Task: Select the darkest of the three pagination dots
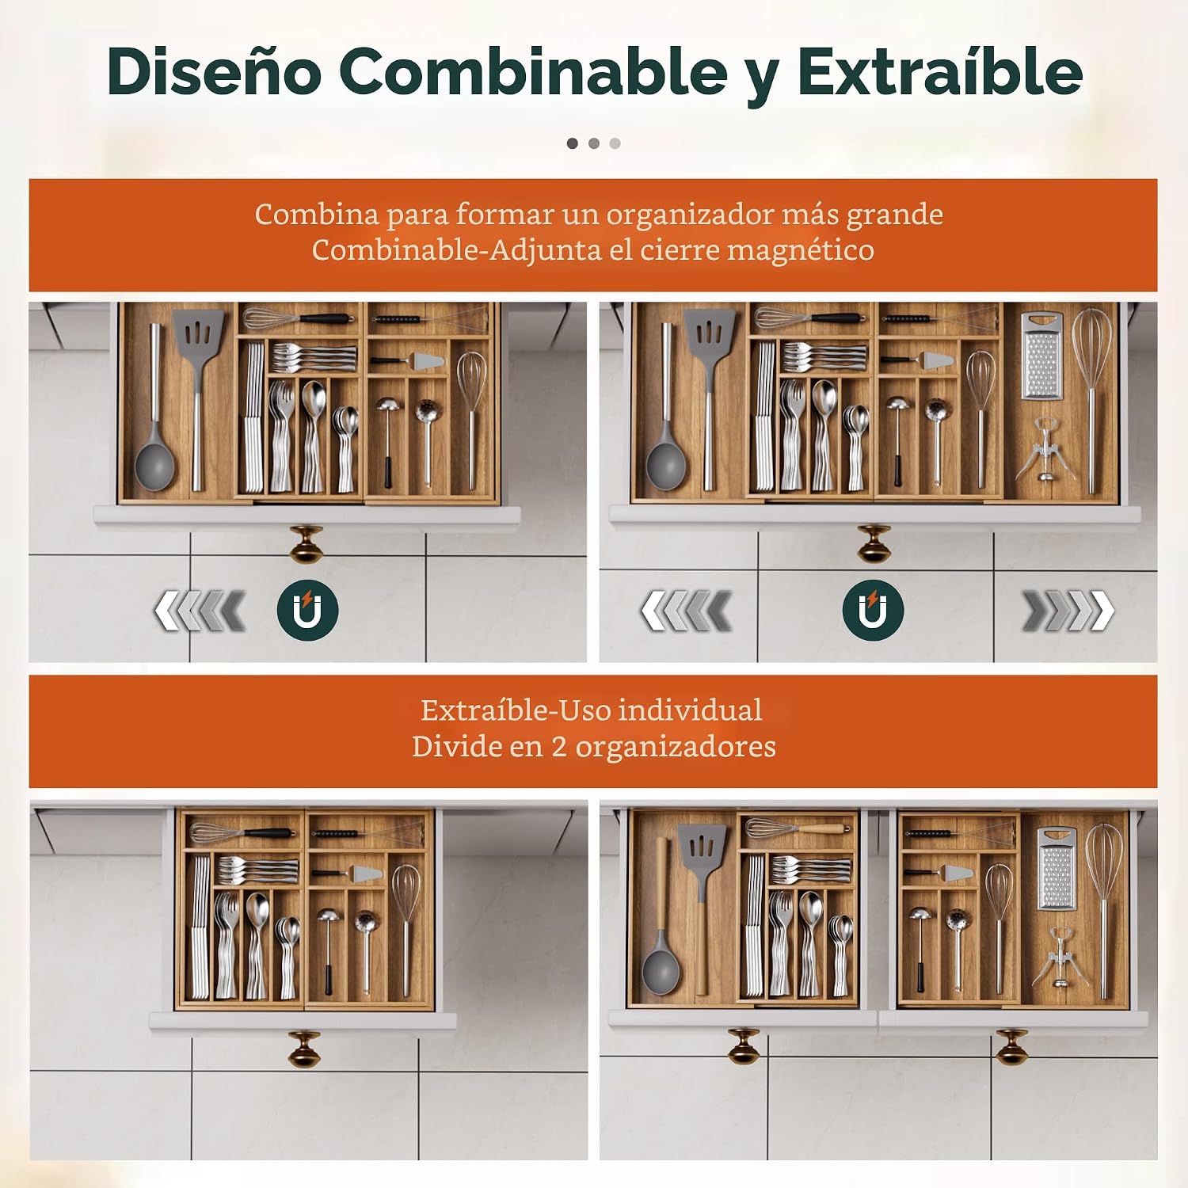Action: (x=573, y=143)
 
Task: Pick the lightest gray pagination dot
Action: (x=615, y=143)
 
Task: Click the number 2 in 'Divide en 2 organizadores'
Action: (x=559, y=747)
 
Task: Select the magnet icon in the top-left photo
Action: (x=307, y=610)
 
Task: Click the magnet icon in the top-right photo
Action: (x=873, y=610)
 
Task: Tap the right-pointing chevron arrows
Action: (x=1068, y=611)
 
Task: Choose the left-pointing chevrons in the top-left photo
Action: (x=199, y=611)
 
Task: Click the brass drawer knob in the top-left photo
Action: (x=307, y=544)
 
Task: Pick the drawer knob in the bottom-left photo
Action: (x=304, y=1048)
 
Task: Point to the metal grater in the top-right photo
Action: (x=1041, y=356)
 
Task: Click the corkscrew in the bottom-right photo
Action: (x=1060, y=957)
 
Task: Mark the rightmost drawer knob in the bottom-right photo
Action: (x=1012, y=1047)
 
